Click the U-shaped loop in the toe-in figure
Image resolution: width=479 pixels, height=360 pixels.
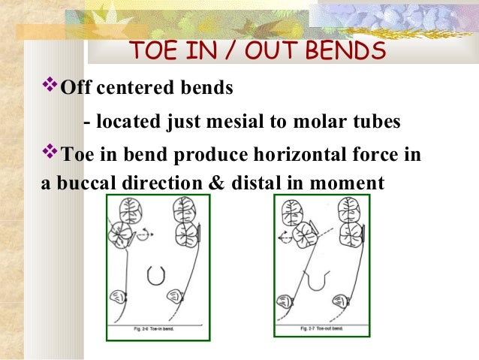tap(156, 276)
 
